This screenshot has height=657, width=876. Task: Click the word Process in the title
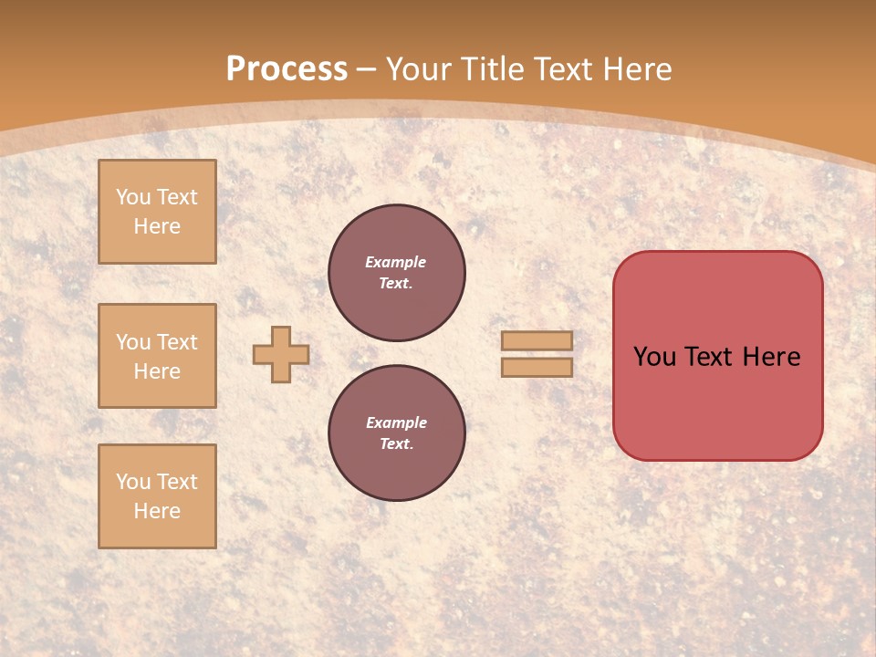(x=287, y=69)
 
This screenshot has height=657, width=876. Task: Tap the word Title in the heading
(x=490, y=69)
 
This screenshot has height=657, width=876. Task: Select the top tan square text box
(x=157, y=212)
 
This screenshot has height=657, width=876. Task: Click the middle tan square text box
(x=157, y=356)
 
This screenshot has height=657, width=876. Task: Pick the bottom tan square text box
(x=157, y=496)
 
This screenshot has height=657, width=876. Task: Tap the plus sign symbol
(x=281, y=354)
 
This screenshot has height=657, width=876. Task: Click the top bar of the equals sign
(x=537, y=340)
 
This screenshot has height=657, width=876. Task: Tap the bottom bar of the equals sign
(x=537, y=367)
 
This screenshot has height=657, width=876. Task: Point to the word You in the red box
(x=655, y=357)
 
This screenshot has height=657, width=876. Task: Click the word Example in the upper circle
(x=396, y=262)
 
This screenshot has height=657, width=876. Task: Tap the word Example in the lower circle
(x=396, y=422)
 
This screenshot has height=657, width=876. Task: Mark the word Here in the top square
(x=157, y=226)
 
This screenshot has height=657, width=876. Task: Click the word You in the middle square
(x=132, y=342)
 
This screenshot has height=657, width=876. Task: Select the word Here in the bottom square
(x=157, y=511)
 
